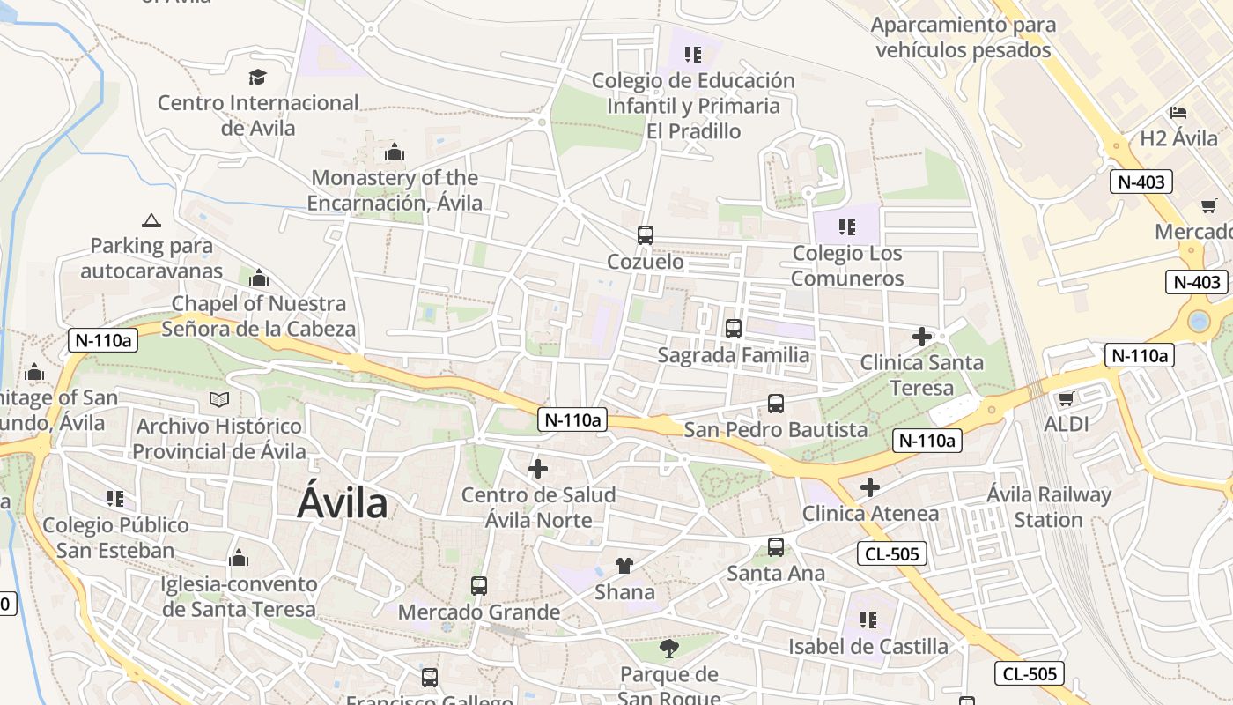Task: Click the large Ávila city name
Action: [343, 503]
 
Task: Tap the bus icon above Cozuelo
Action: [646, 235]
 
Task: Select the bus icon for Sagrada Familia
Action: [733, 329]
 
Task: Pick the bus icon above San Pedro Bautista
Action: [776, 404]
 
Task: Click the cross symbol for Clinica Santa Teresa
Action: [922, 337]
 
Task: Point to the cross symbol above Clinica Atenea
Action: [870, 487]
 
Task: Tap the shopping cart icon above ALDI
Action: [1067, 398]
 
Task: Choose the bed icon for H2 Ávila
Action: [1178, 113]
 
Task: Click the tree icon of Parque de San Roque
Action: [669, 649]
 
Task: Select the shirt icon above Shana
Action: [624, 566]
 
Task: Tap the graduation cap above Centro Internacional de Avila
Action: [257, 77]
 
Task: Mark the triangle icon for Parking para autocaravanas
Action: [151, 220]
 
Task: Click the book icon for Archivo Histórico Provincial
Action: [219, 400]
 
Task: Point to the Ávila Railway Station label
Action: [1048, 507]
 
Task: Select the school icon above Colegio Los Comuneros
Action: [847, 227]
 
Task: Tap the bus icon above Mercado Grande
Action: [479, 586]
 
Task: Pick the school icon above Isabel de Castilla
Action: [868, 620]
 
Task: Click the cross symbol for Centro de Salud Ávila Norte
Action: [538, 469]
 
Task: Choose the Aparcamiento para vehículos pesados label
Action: [964, 37]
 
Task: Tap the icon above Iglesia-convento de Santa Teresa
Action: [239, 559]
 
